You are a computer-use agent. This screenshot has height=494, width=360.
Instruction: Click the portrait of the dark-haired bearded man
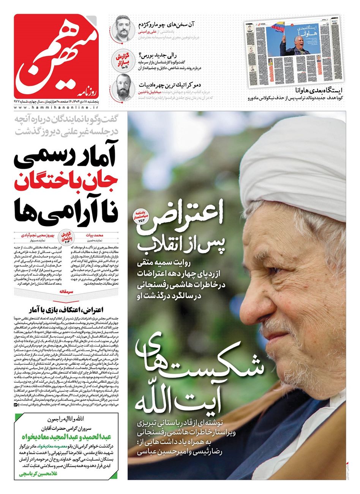(123, 28)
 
